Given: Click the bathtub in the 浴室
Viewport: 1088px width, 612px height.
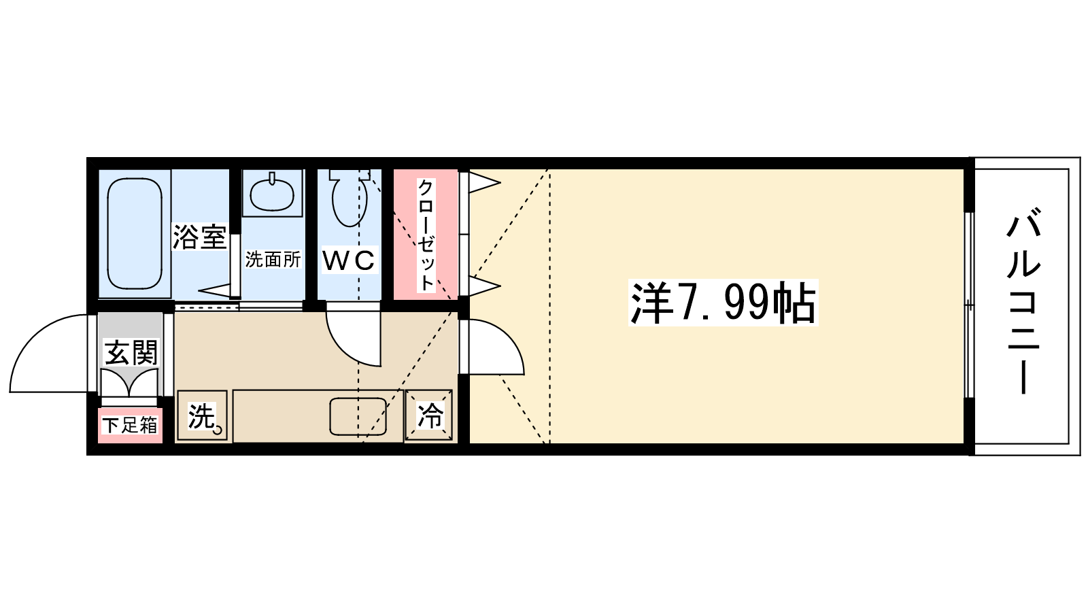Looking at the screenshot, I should (135, 233).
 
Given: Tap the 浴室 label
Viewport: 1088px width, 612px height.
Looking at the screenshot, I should (199, 237).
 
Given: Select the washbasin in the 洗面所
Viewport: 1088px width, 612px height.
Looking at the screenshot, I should (272, 193).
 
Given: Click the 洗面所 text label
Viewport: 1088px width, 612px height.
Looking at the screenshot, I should (273, 259).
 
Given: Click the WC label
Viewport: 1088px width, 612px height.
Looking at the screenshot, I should (349, 260).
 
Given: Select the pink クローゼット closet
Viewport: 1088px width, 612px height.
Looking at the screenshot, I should (426, 234).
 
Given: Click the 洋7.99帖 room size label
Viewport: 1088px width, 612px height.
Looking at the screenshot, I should (723, 303).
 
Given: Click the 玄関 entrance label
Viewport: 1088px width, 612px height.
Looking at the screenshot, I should (131, 353).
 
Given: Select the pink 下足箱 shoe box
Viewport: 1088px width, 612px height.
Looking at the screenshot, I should (130, 425).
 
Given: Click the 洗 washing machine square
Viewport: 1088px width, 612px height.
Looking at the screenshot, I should (202, 415).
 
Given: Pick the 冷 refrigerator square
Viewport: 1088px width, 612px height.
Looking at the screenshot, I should (429, 415).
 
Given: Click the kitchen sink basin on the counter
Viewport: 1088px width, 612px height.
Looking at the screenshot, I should (358, 416).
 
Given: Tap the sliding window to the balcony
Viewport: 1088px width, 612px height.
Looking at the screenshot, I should (969, 304).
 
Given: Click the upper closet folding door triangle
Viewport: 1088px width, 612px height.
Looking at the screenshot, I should (484, 182).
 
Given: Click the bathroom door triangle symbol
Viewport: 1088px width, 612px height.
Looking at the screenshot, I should (216, 290).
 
